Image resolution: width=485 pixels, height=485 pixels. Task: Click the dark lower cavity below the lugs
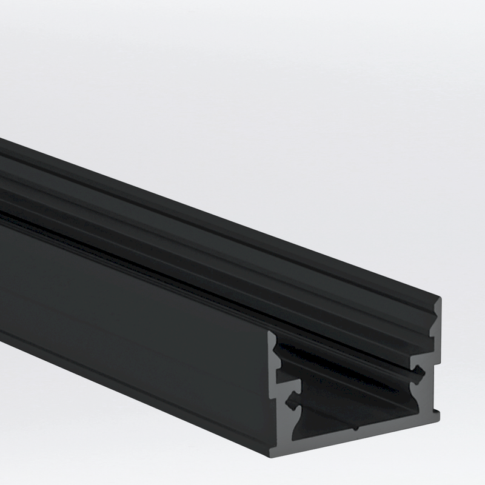[x=358, y=418]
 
